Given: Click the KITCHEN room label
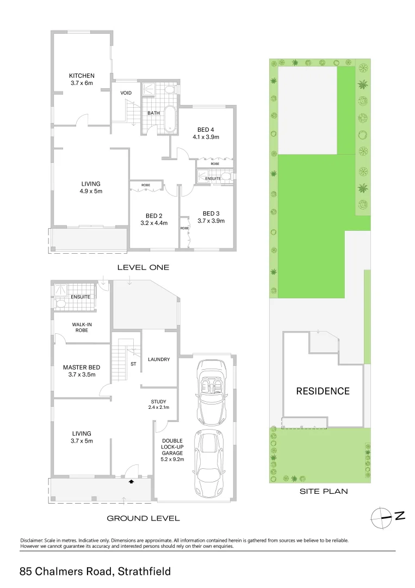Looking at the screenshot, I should (x=82, y=76).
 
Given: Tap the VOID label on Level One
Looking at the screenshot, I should (x=126, y=93).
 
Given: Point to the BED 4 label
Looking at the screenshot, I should (x=205, y=130).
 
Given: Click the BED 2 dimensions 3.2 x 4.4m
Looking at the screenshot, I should (x=153, y=223).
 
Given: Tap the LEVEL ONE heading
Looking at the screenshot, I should (x=144, y=267).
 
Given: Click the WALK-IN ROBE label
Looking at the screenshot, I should (x=80, y=327).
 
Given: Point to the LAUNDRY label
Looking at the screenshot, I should (x=159, y=359).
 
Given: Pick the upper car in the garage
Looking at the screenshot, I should (x=209, y=391).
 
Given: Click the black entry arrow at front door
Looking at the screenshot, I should (x=131, y=481).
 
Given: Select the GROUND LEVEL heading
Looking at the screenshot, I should (x=143, y=518).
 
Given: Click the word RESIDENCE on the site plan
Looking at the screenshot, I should (x=323, y=391).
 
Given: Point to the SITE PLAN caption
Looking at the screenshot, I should (x=324, y=491).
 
